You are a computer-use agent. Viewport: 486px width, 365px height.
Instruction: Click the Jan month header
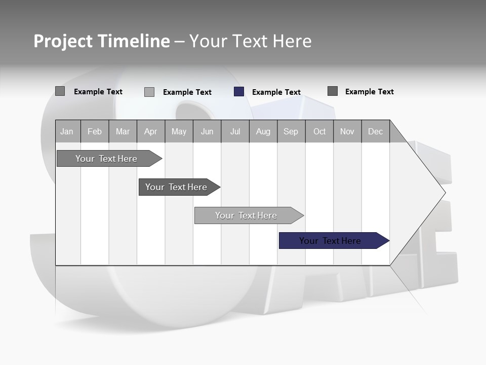pos(67,131)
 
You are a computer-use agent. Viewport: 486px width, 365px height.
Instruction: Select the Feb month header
pos(95,131)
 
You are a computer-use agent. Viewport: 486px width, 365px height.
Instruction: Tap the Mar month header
pos(123,131)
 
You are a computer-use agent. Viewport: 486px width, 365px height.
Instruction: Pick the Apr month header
pos(151,131)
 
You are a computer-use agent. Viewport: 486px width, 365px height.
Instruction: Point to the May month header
pos(179,131)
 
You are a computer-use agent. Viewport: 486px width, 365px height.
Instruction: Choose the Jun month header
pos(207,131)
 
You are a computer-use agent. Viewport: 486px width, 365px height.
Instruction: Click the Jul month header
pos(235,131)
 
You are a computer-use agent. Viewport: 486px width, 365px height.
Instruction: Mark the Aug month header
pos(263,131)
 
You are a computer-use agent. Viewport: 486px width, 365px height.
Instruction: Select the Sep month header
pos(291,131)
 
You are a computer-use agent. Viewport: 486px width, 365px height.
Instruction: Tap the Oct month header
pos(319,131)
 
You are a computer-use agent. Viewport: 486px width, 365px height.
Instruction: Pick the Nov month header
pos(347,131)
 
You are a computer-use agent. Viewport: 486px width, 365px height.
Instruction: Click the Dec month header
pos(376,131)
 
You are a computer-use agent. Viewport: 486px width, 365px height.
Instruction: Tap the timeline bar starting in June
pos(247,215)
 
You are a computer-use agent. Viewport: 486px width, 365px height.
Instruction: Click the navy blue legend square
pos(239,92)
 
